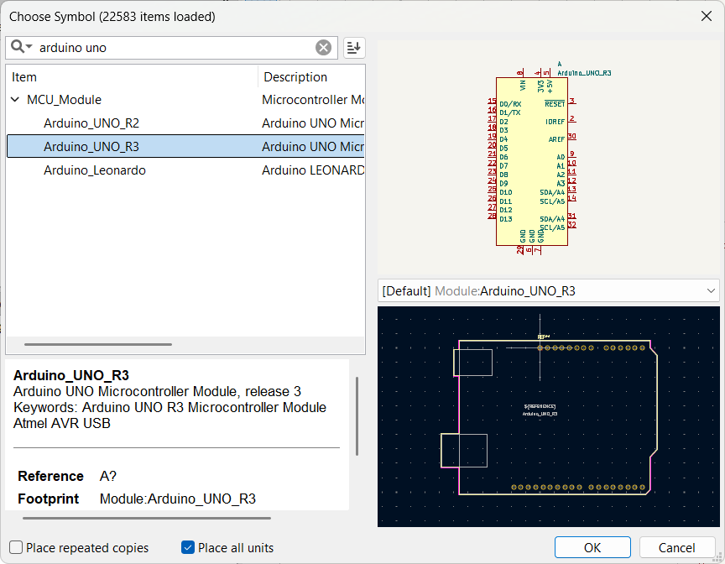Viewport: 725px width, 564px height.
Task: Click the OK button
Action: pos(592,548)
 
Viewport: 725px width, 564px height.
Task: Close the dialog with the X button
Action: pos(706,16)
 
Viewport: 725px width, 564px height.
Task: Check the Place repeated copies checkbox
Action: pos(17,548)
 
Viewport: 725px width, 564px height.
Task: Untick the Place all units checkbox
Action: pos(188,548)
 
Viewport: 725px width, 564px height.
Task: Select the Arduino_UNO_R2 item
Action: pos(91,123)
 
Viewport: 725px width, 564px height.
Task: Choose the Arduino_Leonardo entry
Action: pos(94,170)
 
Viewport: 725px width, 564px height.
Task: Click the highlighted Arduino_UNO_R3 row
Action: pos(91,147)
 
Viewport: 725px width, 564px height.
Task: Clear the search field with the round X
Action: pos(323,48)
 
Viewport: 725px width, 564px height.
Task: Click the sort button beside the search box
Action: pos(354,48)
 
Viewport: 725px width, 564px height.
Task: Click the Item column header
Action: pos(24,77)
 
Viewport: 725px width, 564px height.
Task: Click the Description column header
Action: pos(295,77)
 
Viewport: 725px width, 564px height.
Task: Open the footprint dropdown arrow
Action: pos(711,290)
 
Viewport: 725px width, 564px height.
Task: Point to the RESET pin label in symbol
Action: pos(555,104)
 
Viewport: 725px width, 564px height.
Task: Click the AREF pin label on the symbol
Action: pos(556,139)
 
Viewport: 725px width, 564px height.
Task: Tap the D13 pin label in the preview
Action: pos(506,219)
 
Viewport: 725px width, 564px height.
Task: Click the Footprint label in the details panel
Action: pos(48,499)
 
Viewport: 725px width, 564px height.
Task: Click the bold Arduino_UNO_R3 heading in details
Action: pos(70,375)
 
